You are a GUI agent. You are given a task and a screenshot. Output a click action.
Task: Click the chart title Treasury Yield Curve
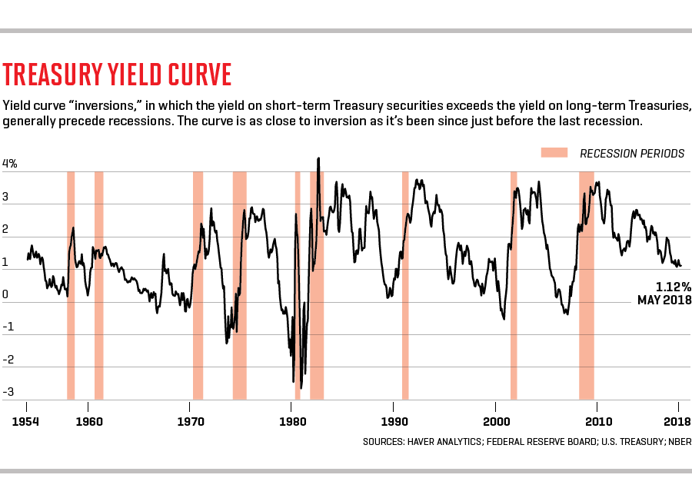tap(118, 75)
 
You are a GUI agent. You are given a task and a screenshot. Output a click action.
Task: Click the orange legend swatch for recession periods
tap(554, 153)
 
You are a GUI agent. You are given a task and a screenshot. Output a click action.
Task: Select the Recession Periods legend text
tap(631, 154)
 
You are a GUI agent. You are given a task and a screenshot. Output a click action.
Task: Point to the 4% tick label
tap(10, 164)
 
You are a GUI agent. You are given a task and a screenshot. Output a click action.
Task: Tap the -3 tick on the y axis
tap(9, 392)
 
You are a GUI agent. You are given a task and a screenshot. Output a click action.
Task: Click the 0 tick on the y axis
tap(6, 294)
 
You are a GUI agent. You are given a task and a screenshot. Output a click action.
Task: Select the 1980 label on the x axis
tap(292, 421)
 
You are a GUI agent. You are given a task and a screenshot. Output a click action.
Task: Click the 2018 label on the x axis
tap(677, 421)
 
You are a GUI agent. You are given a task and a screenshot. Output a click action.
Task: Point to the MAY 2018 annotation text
tap(664, 300)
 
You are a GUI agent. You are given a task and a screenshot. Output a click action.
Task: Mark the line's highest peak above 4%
tap(318, 159)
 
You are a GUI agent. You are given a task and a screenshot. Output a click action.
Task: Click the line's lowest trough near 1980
tap(293, 381)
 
